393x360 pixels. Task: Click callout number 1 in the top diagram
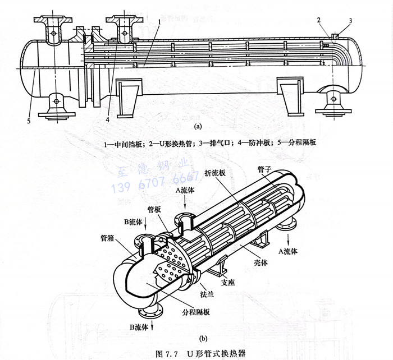160,22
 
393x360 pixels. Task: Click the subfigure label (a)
197,127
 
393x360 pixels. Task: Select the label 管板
154,209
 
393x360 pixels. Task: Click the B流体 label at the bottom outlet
138,326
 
